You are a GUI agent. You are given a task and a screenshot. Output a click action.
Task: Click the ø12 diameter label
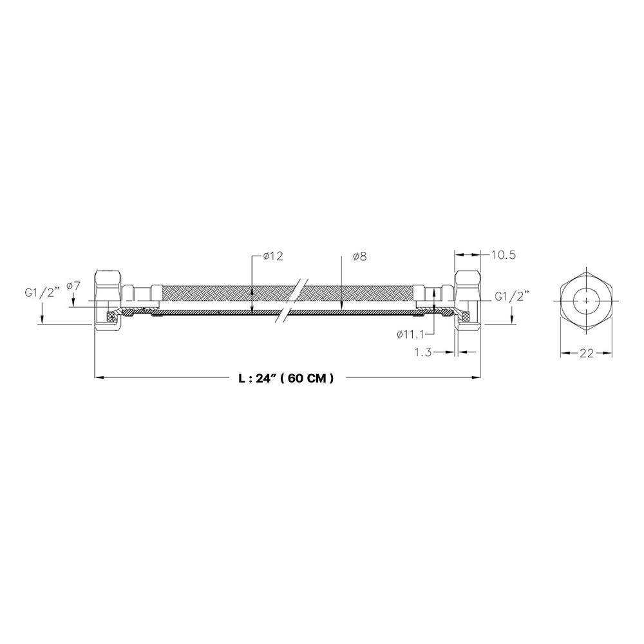tap(274, 256)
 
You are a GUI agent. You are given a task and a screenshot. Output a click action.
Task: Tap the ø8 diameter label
tap(359, 257)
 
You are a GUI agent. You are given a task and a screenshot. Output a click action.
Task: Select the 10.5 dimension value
tap(503, 255)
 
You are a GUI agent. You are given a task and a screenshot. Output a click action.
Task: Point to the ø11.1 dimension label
tap(410, 335)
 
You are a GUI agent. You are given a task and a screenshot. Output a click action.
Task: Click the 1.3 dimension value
tap(423, 352)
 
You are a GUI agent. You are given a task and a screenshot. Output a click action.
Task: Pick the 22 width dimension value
tap(587, 353)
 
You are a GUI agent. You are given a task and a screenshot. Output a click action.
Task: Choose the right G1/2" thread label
tap(511, 296)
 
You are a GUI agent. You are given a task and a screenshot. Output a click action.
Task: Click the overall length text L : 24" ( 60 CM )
tap(287, 378)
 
